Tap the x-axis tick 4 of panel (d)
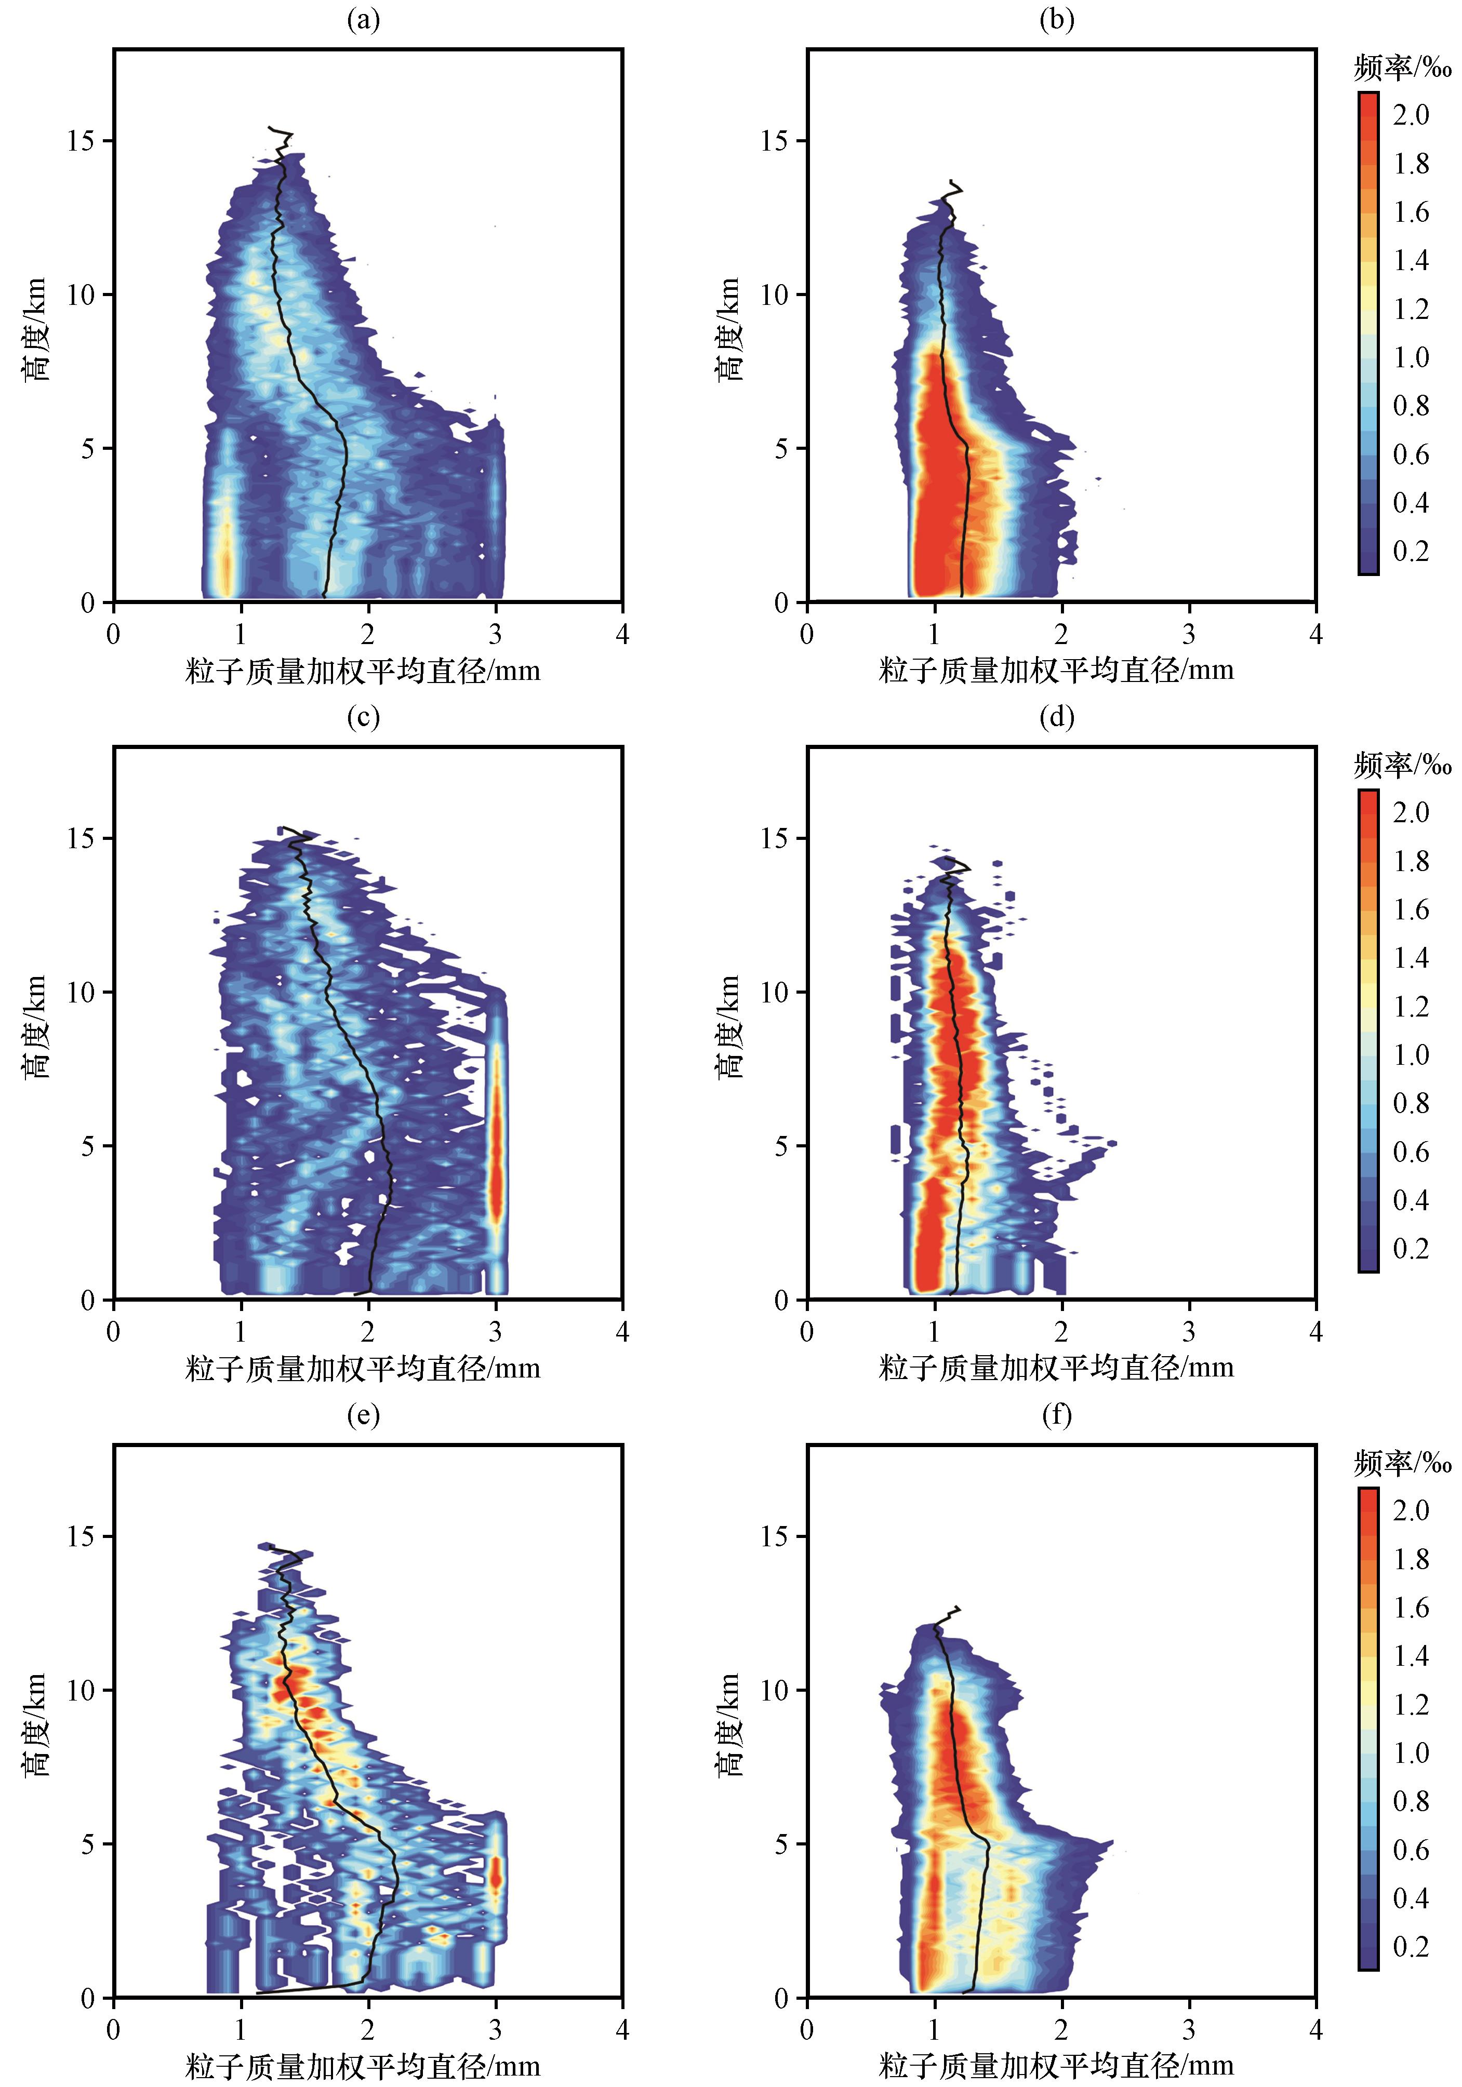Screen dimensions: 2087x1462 click(x=1315, y=1332)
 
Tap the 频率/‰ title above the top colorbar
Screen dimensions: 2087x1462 click(x=1402, y=68)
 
